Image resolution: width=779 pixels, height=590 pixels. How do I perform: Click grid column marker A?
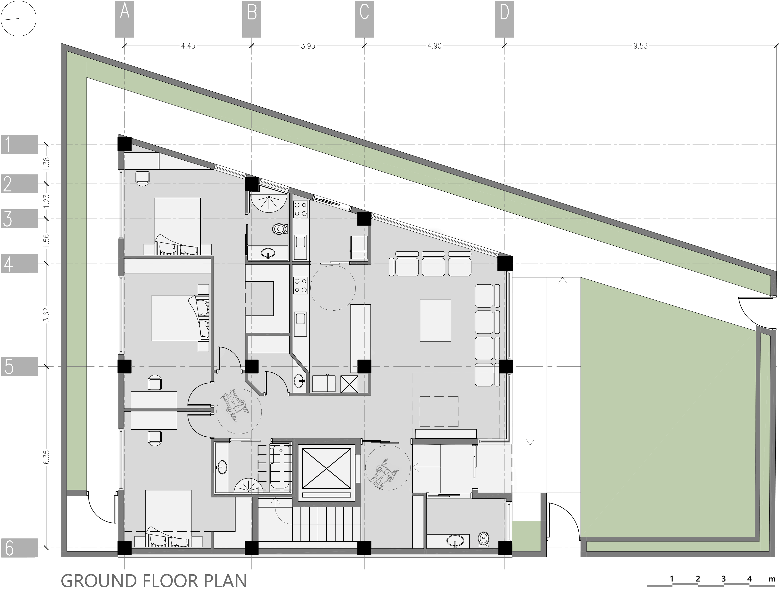[x=124, y=19]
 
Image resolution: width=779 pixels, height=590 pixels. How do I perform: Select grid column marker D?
[x=504, y=19]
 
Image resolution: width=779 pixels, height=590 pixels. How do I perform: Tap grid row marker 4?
[x=19, y=263]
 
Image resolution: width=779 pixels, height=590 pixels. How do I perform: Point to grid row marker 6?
[x=19, y=548]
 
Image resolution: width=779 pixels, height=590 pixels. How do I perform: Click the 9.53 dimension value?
[x=640, y=46]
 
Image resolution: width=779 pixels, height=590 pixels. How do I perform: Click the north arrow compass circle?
[x=19, y=18]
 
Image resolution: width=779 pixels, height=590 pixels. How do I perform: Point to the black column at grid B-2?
[x=252, y=183]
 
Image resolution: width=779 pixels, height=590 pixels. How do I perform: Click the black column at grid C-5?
[x=364, y=366]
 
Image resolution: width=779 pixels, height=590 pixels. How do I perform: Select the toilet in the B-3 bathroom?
[x=280, y=229]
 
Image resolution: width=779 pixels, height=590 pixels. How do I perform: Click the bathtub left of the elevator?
[x=280, y=467]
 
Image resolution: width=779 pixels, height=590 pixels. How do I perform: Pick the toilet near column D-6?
[x=484, y=539]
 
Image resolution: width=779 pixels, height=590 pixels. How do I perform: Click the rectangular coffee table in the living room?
[x=435, y=320]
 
